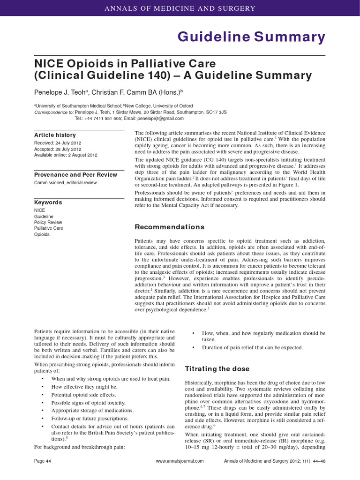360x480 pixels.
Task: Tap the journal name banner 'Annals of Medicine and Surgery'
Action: [180, 8]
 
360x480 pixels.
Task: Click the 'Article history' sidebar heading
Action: [55, 135]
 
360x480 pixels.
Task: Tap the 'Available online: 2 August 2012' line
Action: [66, 155]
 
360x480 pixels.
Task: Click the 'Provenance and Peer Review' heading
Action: [75, 175]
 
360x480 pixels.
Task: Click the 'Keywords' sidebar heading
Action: [48, 202]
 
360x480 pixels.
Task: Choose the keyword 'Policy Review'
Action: [48, 222]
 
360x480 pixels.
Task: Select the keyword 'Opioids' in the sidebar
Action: [42, 234]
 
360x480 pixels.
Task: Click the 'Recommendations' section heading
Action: [169, 227]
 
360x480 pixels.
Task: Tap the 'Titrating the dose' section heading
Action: [217, 368]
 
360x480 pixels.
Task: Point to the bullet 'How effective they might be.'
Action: [84, 387]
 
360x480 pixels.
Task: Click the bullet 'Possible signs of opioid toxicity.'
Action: [90, 403]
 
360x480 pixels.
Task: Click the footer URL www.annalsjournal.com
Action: [180, 461]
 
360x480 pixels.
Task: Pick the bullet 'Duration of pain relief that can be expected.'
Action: [252, 347]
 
